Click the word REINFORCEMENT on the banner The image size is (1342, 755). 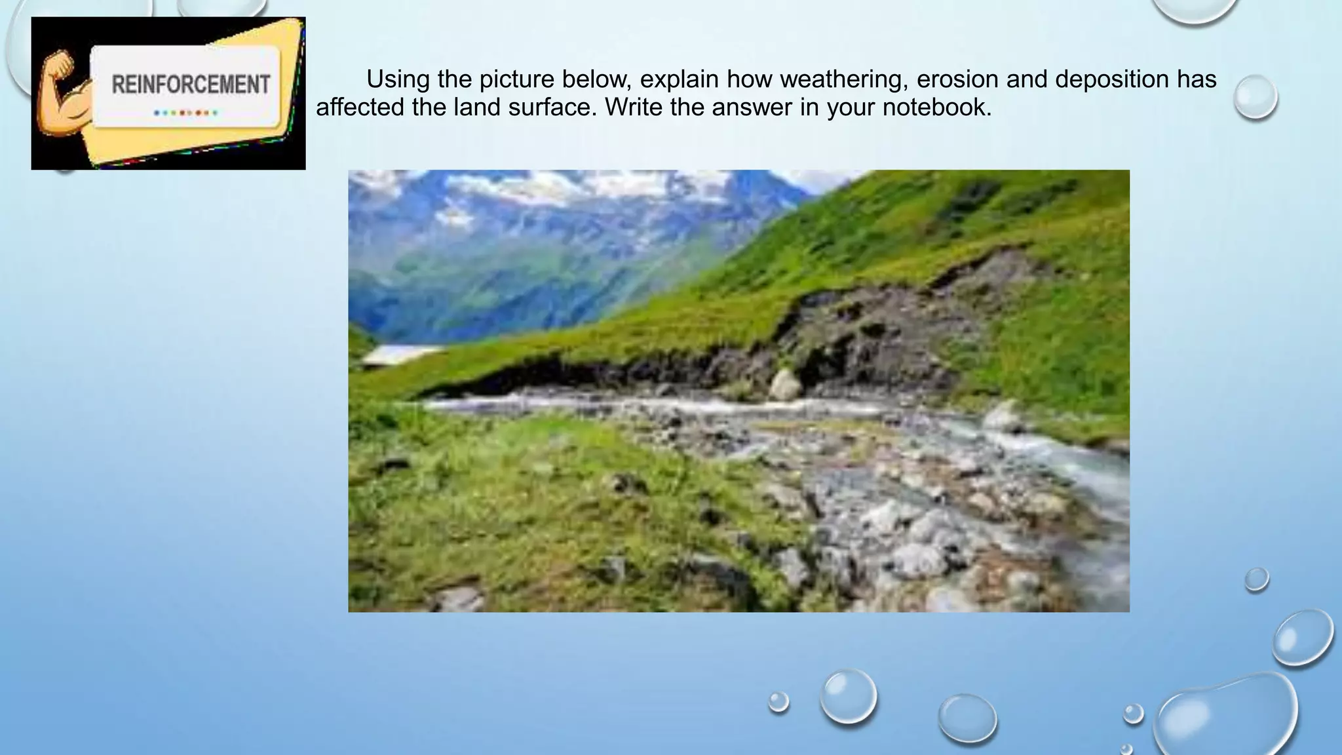click(x=191, y=85)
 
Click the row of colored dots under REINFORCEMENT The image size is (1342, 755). click(x=186, y=113)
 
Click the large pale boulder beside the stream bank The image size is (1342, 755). click(x=784, y=385)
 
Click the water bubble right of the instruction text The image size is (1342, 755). click(x=1255, y=97)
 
